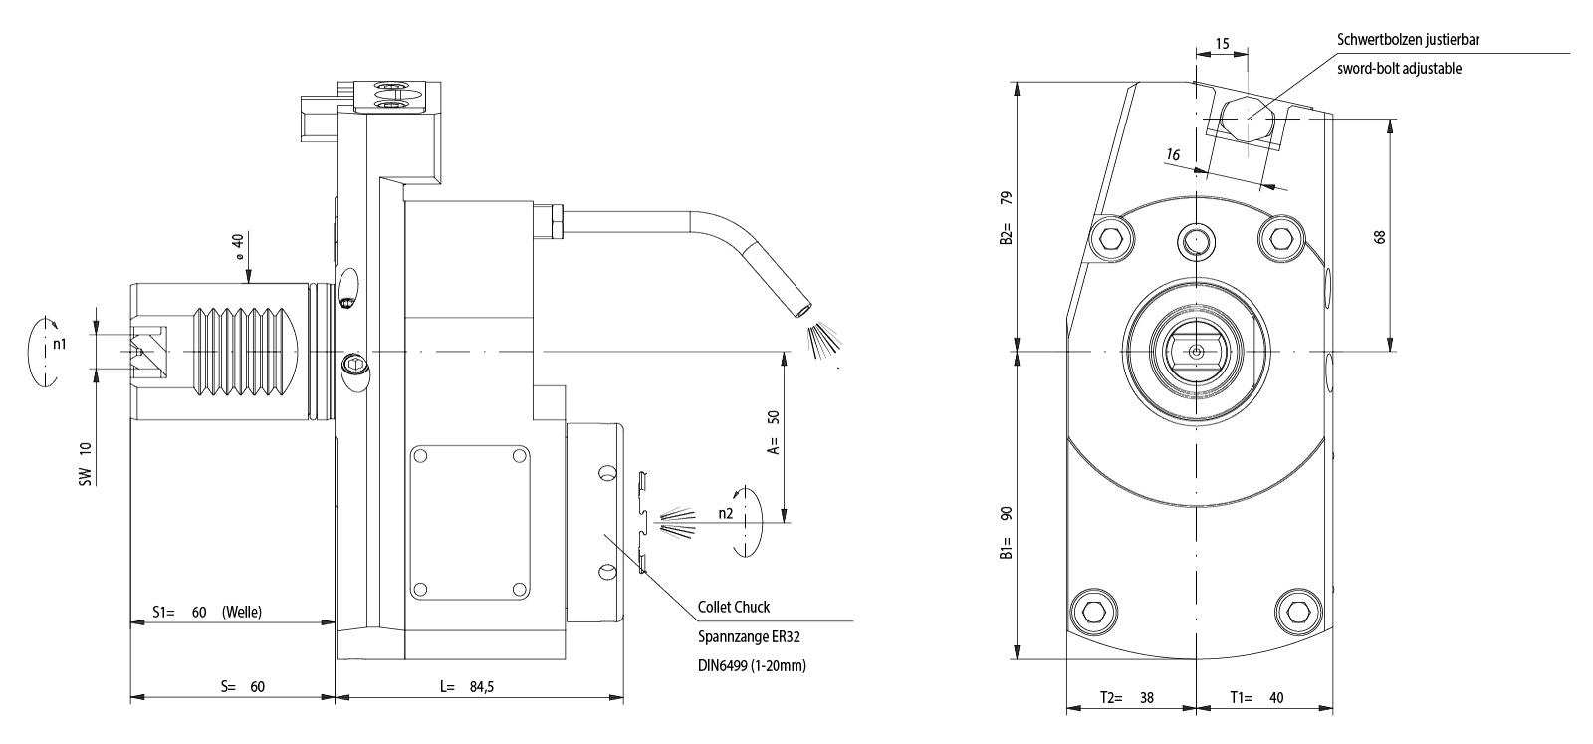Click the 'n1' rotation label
click(x=60, y=344)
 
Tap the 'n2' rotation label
click(x=726, y=514)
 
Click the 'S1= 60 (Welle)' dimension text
click(x=206, y=612)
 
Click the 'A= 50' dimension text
click(x=773, y=431)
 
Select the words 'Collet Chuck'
click(x=733, y=607)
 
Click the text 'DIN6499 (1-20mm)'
click(x=752, y=665)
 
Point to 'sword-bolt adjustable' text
click(x=1399, y=69)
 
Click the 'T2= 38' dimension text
click(x=1126, y=698)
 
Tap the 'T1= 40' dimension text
click(x=1256, y=698)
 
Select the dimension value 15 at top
click(x=1223, y=44)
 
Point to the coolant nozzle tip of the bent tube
click(x=802, y=312)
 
